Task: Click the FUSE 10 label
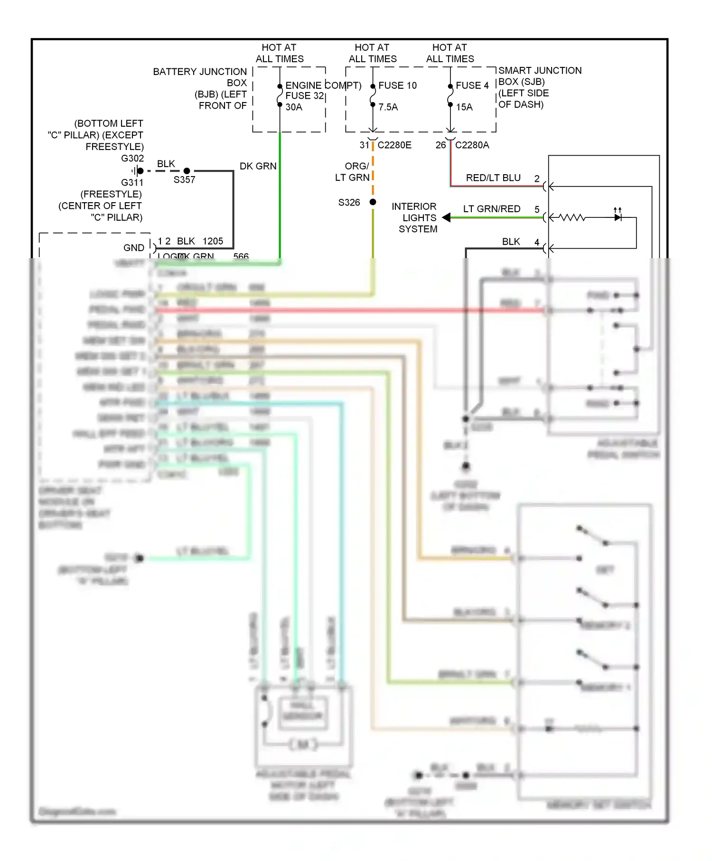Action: click(x=397, y=85)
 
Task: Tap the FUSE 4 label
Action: click(x=472, y=85)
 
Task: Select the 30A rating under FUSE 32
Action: click(x=294, y=107)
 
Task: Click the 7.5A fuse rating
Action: click(x=388, y=107)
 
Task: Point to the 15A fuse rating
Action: click(x=464, y=107)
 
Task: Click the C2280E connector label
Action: click(x=394, y=145)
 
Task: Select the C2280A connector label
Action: click(x=472, y=145)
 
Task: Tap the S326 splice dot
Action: click(x=373, y=202)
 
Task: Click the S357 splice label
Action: click(x=184, y=180)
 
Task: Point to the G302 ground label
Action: click(x=132, y=159)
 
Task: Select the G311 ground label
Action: click(x=132, y=183)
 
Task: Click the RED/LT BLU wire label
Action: click(x=493, y=178)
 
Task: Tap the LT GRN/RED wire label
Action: click(x=492, y=209)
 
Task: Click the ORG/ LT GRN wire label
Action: click(x=353, y=172)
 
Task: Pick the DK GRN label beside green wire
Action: click(x=258, y=166)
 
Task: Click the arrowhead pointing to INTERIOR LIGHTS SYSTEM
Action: click(x=446, y=217)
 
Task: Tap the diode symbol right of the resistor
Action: click(x=618, y=217)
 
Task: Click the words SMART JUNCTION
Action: click(x=540, y=71)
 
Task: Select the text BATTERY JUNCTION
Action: click(x=200, y=72)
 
